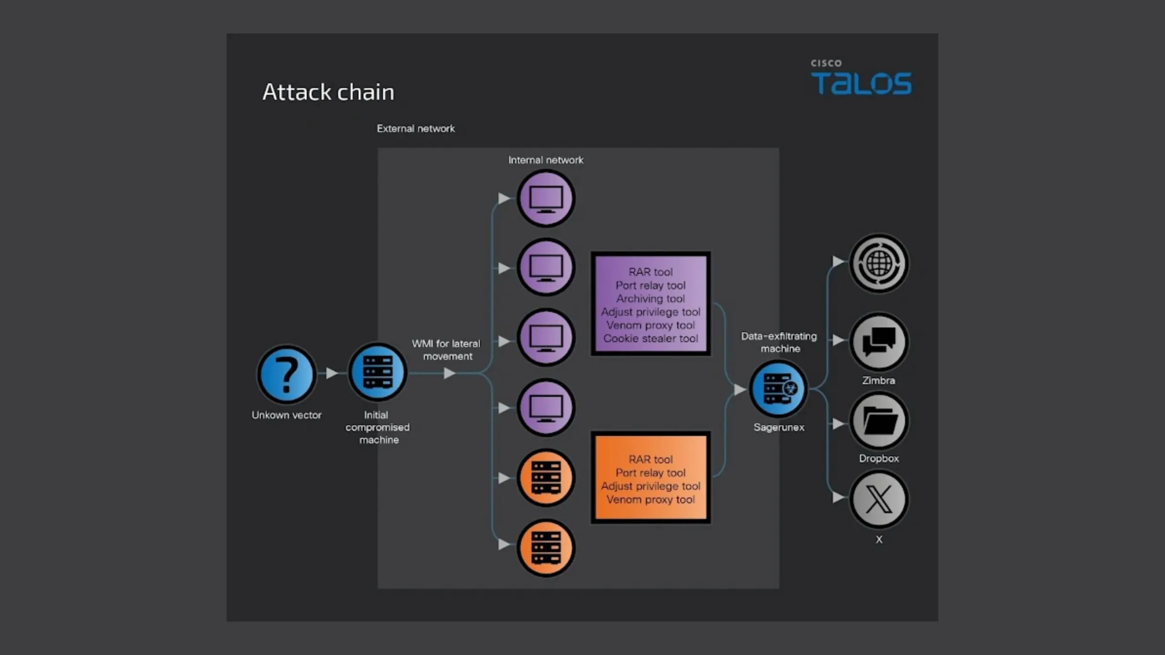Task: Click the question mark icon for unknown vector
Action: click(x=286, y=374)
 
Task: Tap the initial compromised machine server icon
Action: click(x=377, y=372)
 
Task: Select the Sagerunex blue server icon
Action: click(x=779, y=389)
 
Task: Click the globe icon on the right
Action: click(x=879, y=263)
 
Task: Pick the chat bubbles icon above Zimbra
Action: click(x=879, y=342)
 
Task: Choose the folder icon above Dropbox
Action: click(x=879, y=421)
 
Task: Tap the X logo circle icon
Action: click(x=879, y=499)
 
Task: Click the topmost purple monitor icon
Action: click(x=546, y=198)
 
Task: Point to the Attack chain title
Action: click(x=328, y=92)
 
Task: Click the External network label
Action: click(x=415, y=129)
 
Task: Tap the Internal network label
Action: click(x=546, y=160)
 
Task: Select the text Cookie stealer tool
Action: click(x=650, y=338)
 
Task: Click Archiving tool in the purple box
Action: click(x=650, y=299)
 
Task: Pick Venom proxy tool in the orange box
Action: click(x=650, y=499)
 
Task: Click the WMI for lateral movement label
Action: click(x=446, y=350)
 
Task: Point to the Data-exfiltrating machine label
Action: click(x=779, y=342)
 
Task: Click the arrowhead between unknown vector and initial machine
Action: click(x=332, y=373)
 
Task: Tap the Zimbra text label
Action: click(x=878, y=381)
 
